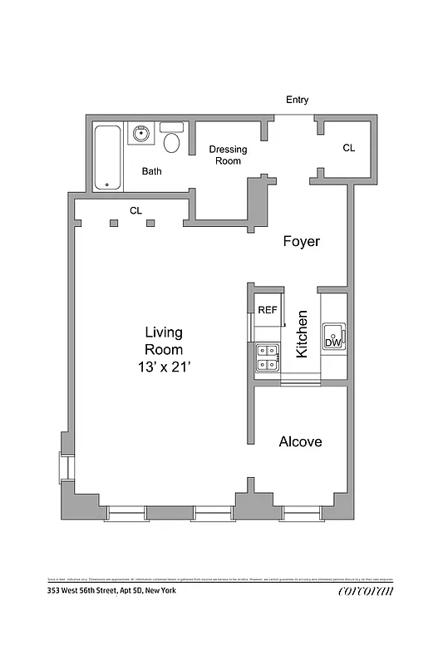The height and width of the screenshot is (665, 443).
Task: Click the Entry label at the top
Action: [x=298, y=100]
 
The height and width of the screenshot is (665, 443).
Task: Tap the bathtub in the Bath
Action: [x=106, y=157]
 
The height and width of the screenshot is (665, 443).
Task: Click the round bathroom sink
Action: [x=140, y=133]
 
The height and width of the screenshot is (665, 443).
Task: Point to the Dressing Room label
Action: [x=228, y=155]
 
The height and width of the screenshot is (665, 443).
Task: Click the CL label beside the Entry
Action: [x=349, y=148]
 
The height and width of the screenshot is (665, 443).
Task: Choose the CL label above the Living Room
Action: [x=135, y=211]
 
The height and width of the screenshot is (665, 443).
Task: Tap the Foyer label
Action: [x=301, y=242]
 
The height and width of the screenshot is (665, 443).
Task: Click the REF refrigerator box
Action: [x=267, y=310]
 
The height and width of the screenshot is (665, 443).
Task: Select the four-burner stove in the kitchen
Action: [x=268, y=357]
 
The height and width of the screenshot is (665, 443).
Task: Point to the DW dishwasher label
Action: [x=332, y=342]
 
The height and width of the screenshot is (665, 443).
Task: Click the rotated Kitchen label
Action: [x=303, y=334]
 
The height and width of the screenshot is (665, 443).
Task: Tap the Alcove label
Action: [x=300, y=442]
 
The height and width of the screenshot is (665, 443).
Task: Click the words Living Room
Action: [x=164, y=340]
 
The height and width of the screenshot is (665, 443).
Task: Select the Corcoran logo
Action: [x=365, y=592]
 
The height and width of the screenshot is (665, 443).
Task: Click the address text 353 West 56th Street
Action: [x=111, y=591]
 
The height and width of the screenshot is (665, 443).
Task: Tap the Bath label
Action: [x=151, y=172]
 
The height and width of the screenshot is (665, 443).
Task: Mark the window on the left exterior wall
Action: [x=59, y=466]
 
